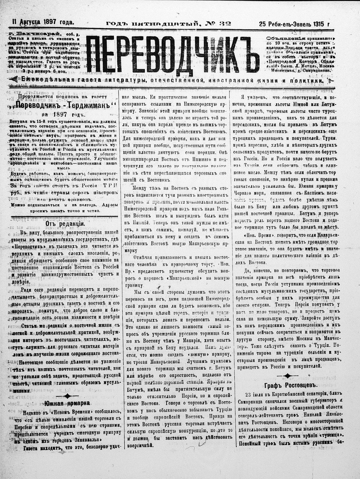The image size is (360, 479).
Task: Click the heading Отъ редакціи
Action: click(61, 224)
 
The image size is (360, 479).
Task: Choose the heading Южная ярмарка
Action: click(67, 403)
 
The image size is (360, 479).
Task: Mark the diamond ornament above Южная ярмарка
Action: click(67, 395)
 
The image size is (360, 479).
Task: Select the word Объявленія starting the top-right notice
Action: click(281, 38)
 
